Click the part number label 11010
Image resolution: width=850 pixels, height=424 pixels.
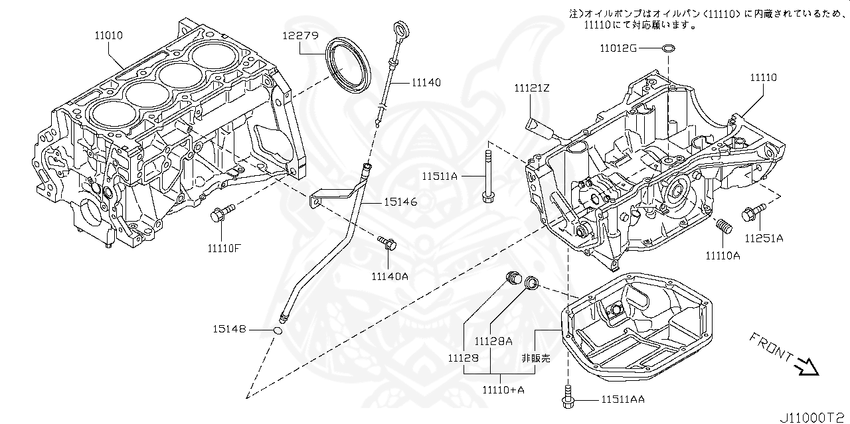(x=108, y=36)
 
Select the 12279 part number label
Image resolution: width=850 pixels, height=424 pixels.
(x=300, y=36)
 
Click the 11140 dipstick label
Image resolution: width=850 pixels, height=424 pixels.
(x=426, y=82)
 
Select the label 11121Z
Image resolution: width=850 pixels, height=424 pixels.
(x=532, y=88)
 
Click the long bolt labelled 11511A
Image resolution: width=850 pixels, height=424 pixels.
(x=487, y=177)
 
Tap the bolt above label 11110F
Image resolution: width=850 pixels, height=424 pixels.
(x=222, y=214)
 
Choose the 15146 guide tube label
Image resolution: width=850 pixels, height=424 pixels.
(x=400, y=202)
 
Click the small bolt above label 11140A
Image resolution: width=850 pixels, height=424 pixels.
(x=387, y=243)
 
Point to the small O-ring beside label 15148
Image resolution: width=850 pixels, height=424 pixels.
(x=278, y=331)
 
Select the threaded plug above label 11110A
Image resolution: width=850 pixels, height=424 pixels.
(x=724, y=226)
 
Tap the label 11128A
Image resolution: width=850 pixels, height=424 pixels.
(x=493, y=341)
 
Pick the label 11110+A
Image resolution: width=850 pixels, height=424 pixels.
(x=503, y=390)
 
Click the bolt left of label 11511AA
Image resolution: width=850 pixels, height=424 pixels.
(x=568, y=397)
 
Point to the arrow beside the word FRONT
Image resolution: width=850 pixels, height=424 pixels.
(x=806, y=367)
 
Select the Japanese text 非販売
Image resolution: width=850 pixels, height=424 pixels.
(x=536, y=358)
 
